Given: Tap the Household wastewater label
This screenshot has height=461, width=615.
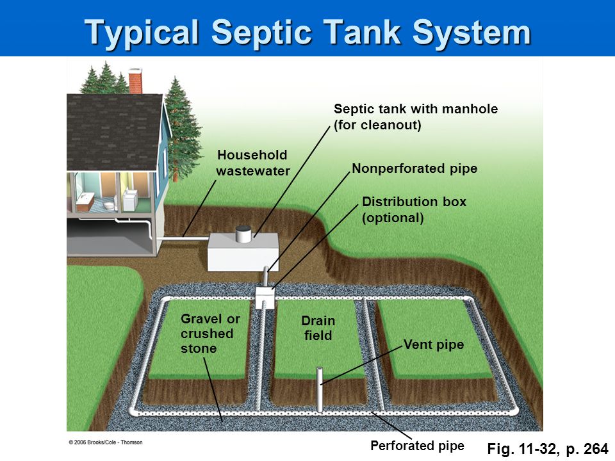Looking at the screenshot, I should point(252,163).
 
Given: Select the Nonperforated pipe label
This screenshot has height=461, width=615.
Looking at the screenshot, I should point(414,169).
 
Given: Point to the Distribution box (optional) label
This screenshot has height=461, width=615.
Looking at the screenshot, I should point(414,209).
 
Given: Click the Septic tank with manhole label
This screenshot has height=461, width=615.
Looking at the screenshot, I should point(415,117).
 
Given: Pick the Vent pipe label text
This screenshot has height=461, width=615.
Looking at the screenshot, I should point(434,345).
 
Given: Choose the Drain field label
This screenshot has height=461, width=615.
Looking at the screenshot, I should point(318,328).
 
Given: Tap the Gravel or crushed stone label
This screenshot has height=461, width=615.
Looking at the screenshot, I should point(210,334).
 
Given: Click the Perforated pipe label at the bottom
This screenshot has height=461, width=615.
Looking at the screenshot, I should point(416,446).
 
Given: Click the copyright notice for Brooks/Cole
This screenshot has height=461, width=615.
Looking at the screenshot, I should point(106,442).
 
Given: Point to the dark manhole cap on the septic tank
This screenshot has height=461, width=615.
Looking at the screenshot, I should point(243,234).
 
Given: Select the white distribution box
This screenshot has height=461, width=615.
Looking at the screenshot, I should point(265,298).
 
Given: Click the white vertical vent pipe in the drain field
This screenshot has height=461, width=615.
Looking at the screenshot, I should point(320,391).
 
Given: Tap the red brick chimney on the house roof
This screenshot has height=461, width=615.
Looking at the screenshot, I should point(135,83).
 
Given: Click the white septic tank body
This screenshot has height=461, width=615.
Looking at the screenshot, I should point(242,254).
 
